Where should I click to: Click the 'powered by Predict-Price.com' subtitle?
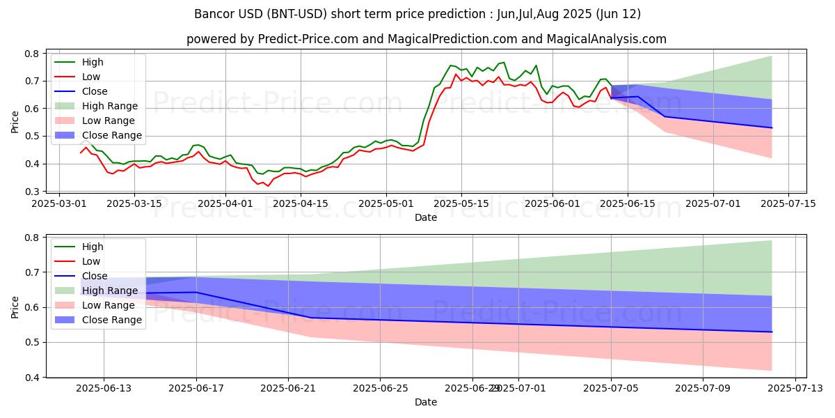[x=426, y=39]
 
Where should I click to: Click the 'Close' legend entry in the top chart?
[x=95, y=91]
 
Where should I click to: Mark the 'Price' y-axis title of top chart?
[x=15, y=122]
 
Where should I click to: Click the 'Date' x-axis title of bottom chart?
[x=426, y=402]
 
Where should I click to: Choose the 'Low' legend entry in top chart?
[x=91, y=77]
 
